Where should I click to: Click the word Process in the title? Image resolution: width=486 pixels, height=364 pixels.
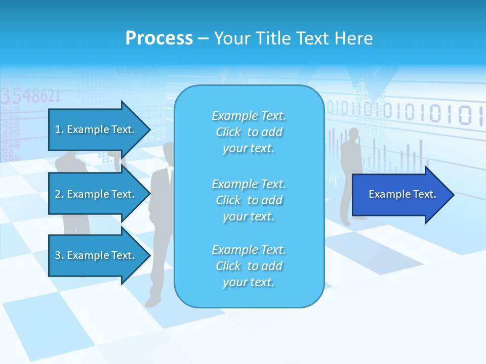[159, 38]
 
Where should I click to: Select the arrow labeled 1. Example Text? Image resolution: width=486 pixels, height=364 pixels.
[96, 129]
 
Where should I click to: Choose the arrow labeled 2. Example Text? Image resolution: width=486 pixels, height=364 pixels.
[96, 194]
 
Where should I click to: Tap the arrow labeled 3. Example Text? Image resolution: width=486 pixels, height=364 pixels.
[96, 255]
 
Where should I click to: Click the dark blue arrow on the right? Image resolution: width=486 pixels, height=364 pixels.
[400, 195]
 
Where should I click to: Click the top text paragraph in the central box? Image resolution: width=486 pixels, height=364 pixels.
[249, 132]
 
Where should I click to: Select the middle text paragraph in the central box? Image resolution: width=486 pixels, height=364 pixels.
[249, 200]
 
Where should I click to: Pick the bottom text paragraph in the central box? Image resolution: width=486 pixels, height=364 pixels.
[249, 266]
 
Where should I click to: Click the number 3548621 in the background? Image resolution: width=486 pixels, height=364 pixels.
[30, 95]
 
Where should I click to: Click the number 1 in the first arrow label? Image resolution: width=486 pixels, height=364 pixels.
[58, 129]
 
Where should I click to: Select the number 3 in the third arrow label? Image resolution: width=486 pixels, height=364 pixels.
[58, 255]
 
